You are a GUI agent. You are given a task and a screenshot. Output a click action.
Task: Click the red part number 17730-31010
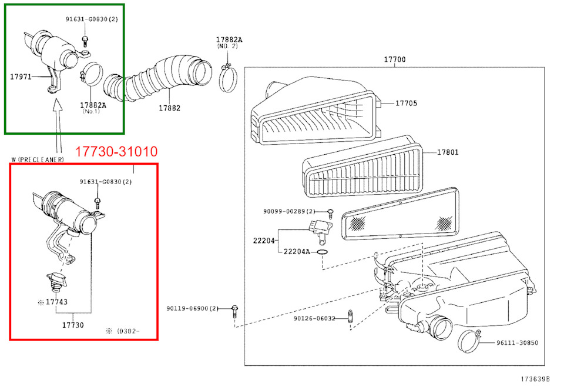tap(116, 152)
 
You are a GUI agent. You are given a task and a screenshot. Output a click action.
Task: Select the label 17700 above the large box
tap(394, 59)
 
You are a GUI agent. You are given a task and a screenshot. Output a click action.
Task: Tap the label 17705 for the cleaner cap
tap(405, 103)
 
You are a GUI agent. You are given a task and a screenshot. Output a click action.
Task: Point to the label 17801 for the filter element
tap(447, 152)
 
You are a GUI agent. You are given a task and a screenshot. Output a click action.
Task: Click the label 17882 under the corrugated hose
tap(169, 108)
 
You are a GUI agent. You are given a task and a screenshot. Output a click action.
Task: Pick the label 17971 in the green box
tap(21, 76)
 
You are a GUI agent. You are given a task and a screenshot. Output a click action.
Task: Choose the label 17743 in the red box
tap(56, 302)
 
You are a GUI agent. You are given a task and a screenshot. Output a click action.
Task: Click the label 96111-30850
tap(517, 342)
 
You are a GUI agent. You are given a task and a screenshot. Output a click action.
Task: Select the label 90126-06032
tap(314, 318)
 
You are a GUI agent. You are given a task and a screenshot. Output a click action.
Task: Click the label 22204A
tap(297, 252)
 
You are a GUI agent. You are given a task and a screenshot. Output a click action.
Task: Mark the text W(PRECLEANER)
tap(37, 160)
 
